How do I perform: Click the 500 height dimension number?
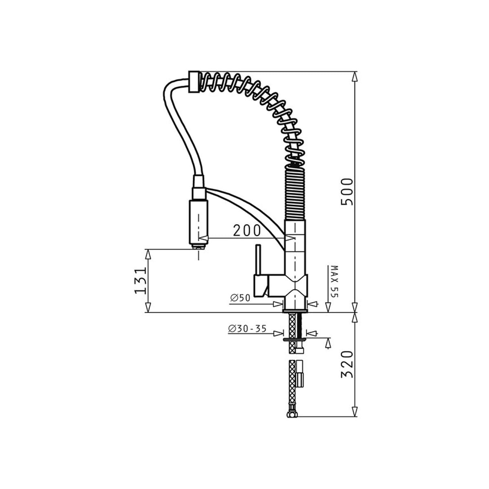pos(347,192)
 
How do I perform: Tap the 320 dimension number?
pos(347,365)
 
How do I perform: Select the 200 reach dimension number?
pos(247,231)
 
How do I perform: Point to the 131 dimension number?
pos(140,280)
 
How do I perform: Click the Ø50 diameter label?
pos(240,297)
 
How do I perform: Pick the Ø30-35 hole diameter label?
pos(247,329)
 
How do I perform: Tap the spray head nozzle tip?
pos(199,247)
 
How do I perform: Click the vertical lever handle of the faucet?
pos(258,259)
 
